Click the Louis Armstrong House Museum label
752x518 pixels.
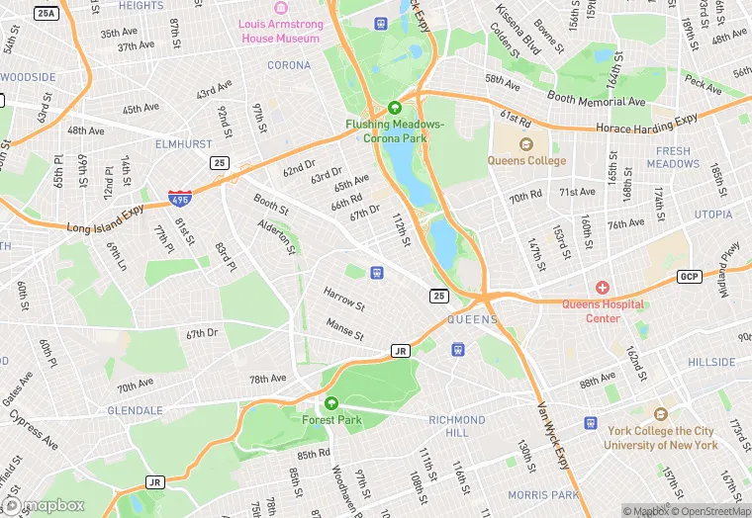[x=280, y=31]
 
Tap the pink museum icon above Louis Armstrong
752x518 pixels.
[x=280, y=8]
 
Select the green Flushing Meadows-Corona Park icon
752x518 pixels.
[x=395, y=108]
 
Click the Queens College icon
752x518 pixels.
[x=526, y=145]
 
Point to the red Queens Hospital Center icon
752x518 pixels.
[x=603, y=287]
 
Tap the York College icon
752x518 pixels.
[x=661, y=415]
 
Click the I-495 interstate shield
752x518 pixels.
[x=180, y=198]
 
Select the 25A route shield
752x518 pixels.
[x=46, y=13]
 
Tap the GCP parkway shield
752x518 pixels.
[x=689, y=276]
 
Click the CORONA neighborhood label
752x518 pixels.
[x=289, y=65]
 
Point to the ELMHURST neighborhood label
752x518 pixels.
[x=183, y=143]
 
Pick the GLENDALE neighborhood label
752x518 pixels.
[x=135, y=409]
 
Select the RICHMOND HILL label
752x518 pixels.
[x=456, y=426]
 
